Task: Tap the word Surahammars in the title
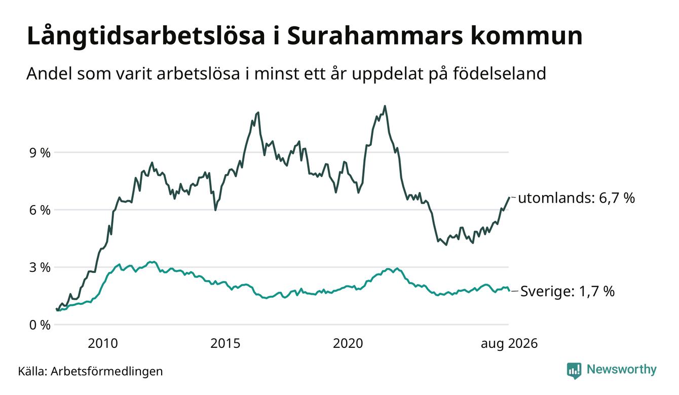tap(375, 36)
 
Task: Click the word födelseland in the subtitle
tap(500, 73)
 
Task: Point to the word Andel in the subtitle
tap(49, 73)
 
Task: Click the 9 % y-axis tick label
tap(40, 153)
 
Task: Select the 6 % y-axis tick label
tap(40, 210)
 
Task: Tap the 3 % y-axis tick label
tap(40, 267)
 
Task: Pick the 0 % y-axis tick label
tap(40, 325)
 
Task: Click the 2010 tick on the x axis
tap(103, 344)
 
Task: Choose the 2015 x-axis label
tap(225, 344)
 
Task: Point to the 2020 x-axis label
tap(348, 344)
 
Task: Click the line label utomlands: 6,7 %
tap(577, 198)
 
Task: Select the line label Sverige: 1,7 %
tap(568, 291)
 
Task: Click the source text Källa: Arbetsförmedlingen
tap(90, 371)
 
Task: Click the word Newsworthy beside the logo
tap(622, 370)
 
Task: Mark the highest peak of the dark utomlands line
tap(385, 106)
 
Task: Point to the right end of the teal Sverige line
tap(509, 290)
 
